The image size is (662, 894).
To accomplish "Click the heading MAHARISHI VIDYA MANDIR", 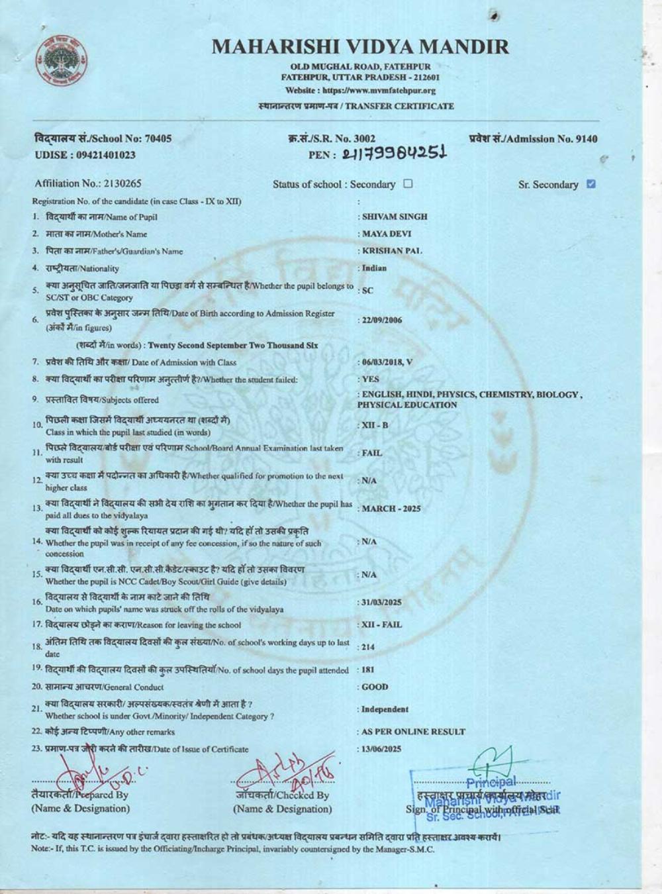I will tap(361, 46).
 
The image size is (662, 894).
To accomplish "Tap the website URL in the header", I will tap(361, 91).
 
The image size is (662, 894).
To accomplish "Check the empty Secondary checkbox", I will tap(408, 184).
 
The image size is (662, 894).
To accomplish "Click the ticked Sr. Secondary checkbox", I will tap(591, 184).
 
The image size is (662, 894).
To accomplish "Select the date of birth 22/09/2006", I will tap(382, 321).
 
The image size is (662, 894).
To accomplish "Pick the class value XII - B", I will tap(375, 425).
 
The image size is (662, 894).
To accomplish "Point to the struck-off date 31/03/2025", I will tap(382, 603).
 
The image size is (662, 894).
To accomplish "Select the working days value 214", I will tap(369, 648).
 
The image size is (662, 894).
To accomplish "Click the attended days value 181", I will tap(369, 670).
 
